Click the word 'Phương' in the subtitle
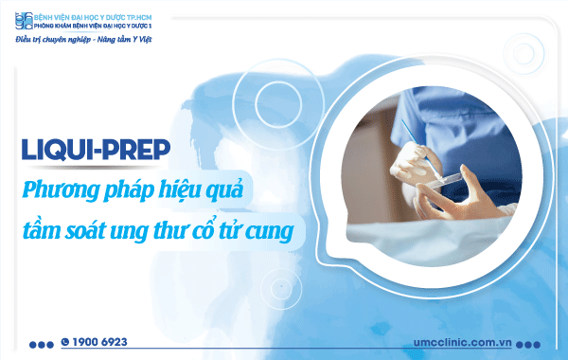pos(60,189)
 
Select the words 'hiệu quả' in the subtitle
pos(201,189)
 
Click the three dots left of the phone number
pos(42,343)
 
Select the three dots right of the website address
pos(535,343)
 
